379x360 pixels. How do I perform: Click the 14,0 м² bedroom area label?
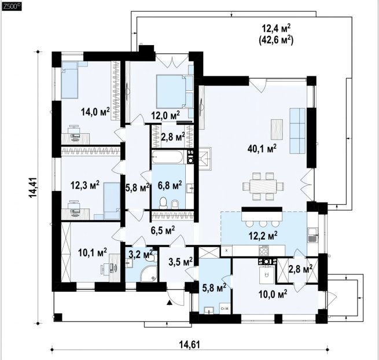pos(95,112)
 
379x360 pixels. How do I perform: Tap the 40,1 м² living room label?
pos(262,149)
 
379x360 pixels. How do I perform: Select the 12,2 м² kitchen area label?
pos(263,235)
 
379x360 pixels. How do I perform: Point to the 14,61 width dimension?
pos(190,344)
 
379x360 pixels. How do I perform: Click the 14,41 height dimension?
pos(33,188)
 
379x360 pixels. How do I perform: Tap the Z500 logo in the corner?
pos(12,7)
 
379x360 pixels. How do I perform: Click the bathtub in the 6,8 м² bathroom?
pos(167,157)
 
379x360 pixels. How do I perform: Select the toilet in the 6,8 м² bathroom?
pos(163,203)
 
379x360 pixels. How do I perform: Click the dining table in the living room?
pos(263,186)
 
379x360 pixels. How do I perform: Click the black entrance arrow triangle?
pos(170,302)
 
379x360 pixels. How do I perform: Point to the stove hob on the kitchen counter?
pos(264,251)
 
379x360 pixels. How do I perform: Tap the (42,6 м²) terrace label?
pos(276,40)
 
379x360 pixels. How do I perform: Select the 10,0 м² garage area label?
pos(273,294)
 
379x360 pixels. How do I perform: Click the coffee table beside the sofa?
pos(277,129)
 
